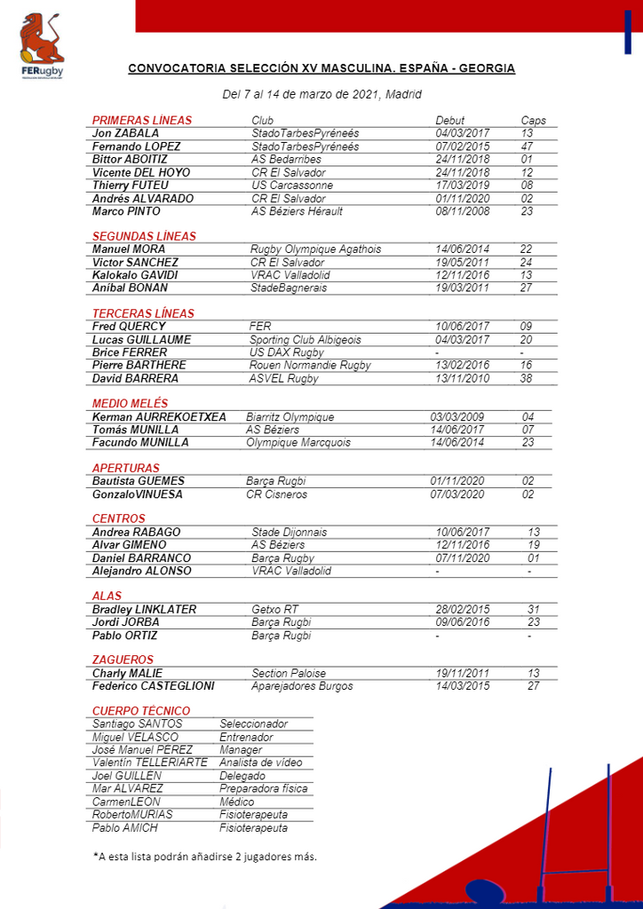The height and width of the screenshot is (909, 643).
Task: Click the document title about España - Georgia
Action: click(x=321, y=68)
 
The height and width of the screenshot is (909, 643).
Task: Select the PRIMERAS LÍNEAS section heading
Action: click(x=142, y=120)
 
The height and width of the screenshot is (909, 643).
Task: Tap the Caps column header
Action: click(x=533, y=121)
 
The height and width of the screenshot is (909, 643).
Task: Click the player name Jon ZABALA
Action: click(x=126, y=133)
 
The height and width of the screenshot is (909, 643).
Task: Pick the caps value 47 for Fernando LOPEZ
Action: click(x=527, y=146)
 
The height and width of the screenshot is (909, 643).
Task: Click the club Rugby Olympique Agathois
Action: click(x=315, y=249)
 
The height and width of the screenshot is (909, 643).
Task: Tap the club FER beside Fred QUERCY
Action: click(x=260, y=327)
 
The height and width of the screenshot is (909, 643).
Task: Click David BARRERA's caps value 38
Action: click(x=527, y=378)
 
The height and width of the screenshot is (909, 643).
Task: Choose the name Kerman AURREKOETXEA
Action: click(x=159, y=417)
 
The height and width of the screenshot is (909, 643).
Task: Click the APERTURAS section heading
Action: click(x=126, y=468)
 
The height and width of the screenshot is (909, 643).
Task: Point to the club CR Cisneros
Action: click(x=276, y=494)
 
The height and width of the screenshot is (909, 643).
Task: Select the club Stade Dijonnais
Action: click(x=289, y=533)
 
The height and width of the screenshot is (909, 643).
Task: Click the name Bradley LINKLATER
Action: click(x=144, y=610)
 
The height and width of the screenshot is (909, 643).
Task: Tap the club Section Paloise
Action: click(x=289, y=674)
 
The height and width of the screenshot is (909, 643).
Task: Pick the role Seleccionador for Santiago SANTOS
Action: click(x=254, y=724)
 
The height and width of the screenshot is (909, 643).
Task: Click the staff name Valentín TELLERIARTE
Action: click(x=150, y=763)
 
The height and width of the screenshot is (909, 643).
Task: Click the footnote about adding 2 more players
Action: click(x=204, y=857)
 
